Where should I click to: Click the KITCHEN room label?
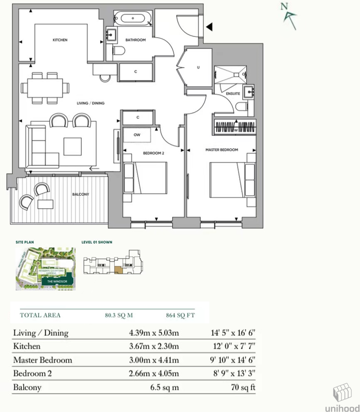60,40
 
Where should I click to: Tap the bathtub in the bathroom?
132,18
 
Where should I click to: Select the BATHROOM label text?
135,40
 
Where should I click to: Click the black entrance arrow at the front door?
209,27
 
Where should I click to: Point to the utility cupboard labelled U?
198,67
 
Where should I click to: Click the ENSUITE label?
233,93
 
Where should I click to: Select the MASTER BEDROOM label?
222,150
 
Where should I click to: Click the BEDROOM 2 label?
154,152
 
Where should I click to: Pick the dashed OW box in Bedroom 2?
137,135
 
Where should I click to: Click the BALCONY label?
80,194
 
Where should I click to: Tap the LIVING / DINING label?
90,103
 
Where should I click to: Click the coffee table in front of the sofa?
73,146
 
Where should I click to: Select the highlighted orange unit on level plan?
118,269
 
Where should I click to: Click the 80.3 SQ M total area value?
119,315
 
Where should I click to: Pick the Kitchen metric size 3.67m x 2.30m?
154,346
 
